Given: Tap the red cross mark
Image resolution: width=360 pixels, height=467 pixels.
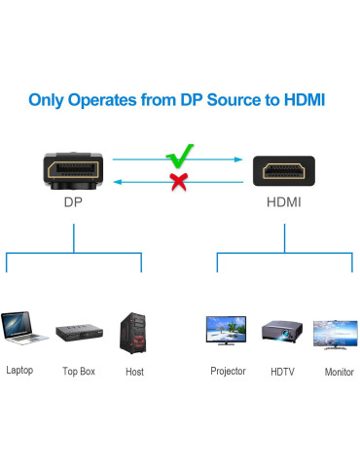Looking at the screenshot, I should click(x=178, y=180).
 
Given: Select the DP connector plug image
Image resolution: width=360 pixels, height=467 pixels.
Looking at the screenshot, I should click(x=73, y=171).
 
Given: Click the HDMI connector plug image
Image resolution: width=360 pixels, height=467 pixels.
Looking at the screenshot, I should click(x=285, y=172).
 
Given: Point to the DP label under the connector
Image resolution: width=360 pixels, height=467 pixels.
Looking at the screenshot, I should click(x=73, y=203).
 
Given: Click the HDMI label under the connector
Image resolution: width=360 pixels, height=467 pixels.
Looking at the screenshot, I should click(x=284, y=203).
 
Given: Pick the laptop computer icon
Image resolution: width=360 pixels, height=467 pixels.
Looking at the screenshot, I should click(x=23, y=329).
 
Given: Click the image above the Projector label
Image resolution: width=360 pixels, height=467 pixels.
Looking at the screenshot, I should click(x=227, y=331).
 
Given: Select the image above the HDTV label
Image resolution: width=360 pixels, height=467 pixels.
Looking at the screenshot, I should click(x=283, y=333).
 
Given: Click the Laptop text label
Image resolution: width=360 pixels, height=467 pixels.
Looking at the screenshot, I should click(x=19, y=370).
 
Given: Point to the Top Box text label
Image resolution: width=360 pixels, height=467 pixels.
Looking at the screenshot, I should click(x=79, y=372).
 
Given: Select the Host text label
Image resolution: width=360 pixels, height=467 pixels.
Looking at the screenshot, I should click(x=134, y=372).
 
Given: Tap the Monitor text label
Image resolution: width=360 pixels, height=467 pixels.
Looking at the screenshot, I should click(x=339, y=372).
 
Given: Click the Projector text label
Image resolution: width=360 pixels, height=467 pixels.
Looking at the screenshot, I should click(x=228, y=371).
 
